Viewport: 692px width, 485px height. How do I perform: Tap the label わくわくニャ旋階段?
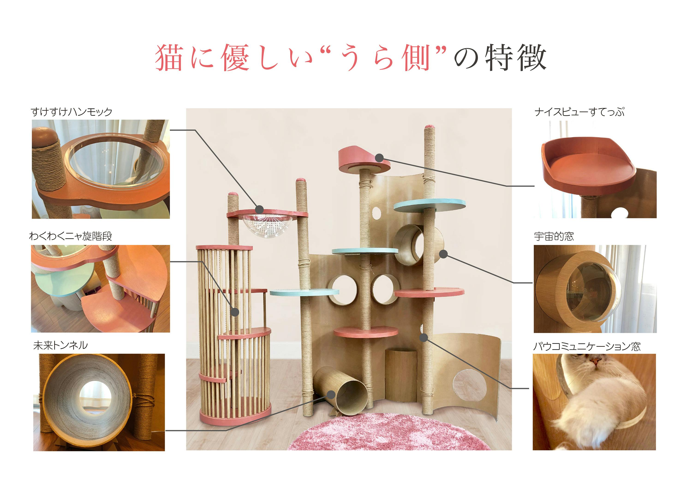click(71, 236)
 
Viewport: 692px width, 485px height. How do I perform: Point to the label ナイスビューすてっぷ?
click(579, 112)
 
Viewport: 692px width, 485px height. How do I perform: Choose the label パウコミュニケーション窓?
click(587, 346)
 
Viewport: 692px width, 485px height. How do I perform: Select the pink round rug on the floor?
click(389, 432)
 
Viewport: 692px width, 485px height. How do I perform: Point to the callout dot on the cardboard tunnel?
click(331, 395)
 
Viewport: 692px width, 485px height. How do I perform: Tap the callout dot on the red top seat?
click(379, 157)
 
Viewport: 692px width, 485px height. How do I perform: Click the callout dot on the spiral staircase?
click(235, 312)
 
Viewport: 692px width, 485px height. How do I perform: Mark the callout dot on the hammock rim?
click(259, 209)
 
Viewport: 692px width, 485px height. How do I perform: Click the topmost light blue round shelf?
click(430, 205)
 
